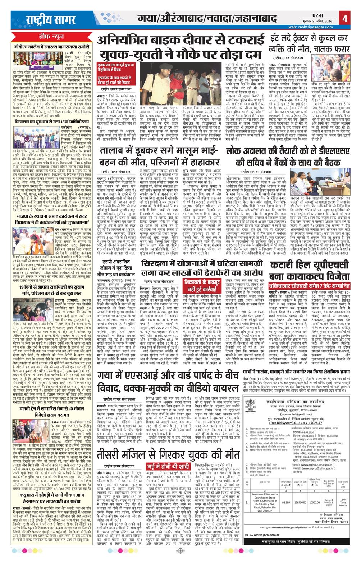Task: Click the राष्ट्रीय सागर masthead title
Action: click(x=46, y=19)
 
